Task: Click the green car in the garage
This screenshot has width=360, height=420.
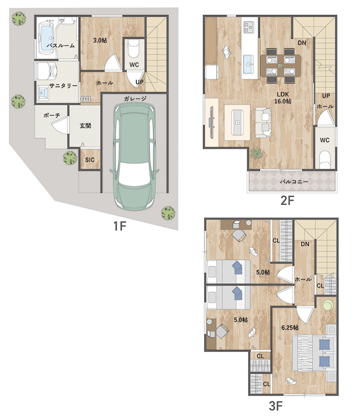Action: tap(134, 157)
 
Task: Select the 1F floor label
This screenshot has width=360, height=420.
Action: tap(120, 226)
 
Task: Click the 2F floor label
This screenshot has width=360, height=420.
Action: tap(288, 200)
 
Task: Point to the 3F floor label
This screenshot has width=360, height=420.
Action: tap(276, 406)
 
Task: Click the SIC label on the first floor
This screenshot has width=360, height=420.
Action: tap(90, 160)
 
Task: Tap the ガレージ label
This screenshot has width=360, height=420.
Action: tap(135, 99)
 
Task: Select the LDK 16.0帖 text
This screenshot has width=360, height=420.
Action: tap(283, 98)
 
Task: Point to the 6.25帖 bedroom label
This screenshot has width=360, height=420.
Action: tap(290, 327)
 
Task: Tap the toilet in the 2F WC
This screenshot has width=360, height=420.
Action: tap(325, 159)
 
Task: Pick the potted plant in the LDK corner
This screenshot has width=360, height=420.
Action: tap(257, 154)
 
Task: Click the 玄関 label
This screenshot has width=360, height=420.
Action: tap(85, 125)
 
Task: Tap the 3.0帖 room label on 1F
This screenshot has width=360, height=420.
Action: tap(100, 40)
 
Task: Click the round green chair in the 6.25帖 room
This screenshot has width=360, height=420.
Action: tap(328, 305)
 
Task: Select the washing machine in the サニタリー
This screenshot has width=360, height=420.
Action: tap(47, 71)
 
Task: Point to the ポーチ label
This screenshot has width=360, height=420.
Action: tap(52, 115)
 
